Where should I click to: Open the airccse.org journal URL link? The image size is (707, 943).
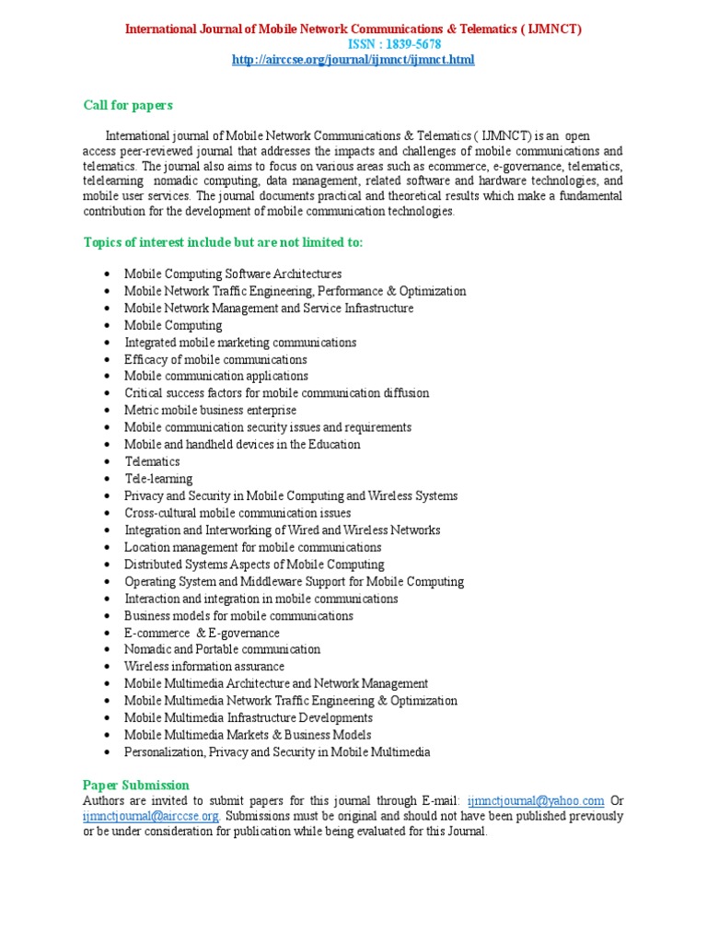click(x=353, y=60)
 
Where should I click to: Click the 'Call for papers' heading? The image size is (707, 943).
click(x=128, y=106)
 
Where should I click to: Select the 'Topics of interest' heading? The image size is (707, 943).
click(x=224, y=242)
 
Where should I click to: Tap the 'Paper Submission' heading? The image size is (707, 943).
click(x=136, y=785)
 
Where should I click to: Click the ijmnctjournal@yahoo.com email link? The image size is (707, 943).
click(x=536, y=800)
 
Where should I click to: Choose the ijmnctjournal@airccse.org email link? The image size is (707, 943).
click(x=151, y=816)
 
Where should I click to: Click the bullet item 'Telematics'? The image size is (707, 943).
click(x=152, y=461)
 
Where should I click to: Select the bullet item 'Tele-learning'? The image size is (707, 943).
click(x=158, y=479)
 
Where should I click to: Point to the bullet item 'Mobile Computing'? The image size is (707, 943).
click(x=173, y=325)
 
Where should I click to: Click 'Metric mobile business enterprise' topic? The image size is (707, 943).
click(x=211, y=410)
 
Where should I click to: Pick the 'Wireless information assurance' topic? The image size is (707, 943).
click(x=204, y=666)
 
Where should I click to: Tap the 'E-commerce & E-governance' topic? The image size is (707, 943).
click(x=202, y=633)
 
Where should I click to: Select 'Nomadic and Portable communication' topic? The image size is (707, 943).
click(x=222, y=649)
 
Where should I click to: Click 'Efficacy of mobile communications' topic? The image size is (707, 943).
click(x=215, y=359)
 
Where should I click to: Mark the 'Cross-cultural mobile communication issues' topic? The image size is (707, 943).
click(x=238, y=513)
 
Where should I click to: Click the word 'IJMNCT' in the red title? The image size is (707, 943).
click(x=552, y=29)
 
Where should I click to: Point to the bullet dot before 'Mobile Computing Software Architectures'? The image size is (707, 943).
click(x=109, y=274)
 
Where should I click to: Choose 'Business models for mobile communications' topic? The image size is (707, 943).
click(x=238, y=615)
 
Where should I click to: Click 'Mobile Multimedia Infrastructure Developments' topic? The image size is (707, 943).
click(x=249, y=717)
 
